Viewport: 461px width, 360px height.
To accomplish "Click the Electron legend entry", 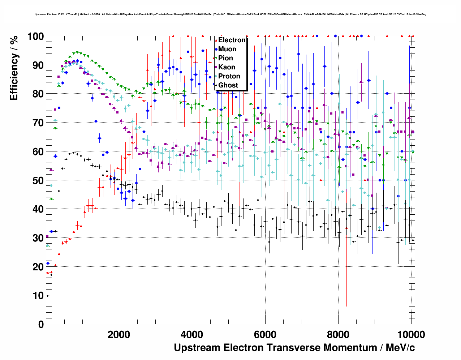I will pos(232,40).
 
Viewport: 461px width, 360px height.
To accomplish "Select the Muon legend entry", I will pos(227,49).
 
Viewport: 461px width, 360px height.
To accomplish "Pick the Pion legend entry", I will pos(225,58).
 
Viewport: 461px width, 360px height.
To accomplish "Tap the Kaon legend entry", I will pos(227,67).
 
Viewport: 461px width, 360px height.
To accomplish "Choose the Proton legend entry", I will pos(229,76).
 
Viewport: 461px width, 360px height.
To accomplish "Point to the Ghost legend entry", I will pos(228,85).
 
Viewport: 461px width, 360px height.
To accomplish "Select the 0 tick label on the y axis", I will pos(40,324).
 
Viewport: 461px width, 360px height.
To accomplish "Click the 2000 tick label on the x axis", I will pos(119,334).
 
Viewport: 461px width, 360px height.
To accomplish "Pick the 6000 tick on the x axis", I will pos(265,334).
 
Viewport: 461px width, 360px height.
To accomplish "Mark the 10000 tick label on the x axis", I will pos(411,334).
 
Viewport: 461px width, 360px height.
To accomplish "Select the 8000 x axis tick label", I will pos(338,334).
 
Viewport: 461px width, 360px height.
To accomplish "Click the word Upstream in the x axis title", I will pos(197,348).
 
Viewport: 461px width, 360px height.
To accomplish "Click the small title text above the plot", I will pos(231,14).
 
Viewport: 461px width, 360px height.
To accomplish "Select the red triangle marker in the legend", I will pos(216,40).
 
